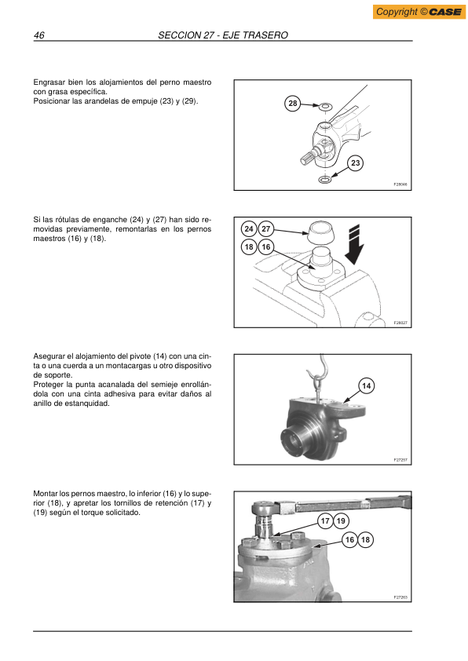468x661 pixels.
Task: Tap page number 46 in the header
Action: pos(38,35)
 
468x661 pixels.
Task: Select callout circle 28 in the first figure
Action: pos(293,104)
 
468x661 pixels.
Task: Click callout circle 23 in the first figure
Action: pos(356,163)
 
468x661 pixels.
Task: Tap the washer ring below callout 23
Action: pos(324,180)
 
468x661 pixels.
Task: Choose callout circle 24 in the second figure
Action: pos(249,229)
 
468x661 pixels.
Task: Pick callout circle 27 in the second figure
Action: pos(265,229)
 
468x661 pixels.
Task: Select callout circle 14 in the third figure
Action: pos(367,385)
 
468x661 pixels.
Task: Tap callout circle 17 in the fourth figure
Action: pos(325,521)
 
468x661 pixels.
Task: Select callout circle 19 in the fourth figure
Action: pos(341,521)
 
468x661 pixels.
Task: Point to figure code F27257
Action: pos(400,460)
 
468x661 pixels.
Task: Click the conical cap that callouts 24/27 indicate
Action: pos(321,232)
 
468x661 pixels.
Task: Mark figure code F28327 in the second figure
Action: pos(400,323)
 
